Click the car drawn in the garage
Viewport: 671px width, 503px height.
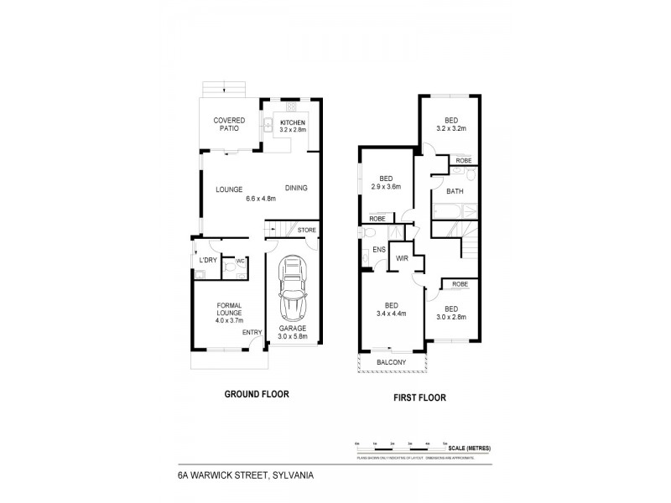[x=293, y=291]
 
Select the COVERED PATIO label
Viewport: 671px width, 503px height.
[x=228, y=124]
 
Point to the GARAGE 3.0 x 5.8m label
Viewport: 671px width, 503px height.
[x=293, y=333]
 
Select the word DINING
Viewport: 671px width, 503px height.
[x=296, y=188]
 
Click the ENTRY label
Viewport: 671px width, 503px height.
[x=252, y=333]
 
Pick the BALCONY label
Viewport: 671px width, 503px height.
[x=390, y=362]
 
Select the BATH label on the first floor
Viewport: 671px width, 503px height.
[x=455, y=191]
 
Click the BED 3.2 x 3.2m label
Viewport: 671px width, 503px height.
[x=451, y=125]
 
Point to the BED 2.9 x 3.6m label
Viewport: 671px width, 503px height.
[x=387, y=182]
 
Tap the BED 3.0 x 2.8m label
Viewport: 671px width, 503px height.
[x=451, y=312]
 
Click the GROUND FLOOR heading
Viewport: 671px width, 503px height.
[x=250, y=394]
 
